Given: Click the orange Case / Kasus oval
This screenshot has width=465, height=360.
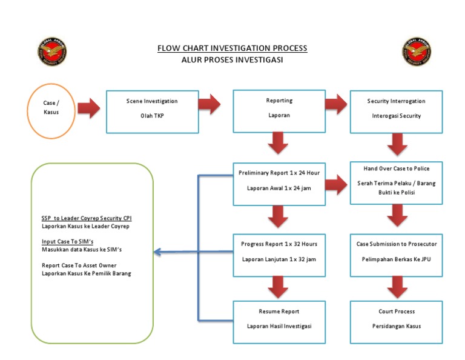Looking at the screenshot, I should (x=51, y=107).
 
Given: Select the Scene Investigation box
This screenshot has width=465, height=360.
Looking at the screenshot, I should (x=153, y=112).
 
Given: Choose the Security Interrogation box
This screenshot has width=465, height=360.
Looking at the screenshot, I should (x=396, y=112).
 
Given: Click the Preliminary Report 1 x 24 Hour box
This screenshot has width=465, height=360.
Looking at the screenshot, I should (x=279, y=182).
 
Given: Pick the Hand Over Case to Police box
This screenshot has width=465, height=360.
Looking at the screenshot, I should (x=396, y=182).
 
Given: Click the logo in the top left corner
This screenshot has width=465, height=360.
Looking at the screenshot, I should (x=52, y=52).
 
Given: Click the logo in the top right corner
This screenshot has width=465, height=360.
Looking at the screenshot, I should (x=417, y=52).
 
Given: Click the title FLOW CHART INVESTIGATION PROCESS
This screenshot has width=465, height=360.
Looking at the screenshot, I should (x=232, y=48).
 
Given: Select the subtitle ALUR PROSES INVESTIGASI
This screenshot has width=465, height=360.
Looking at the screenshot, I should (x=232, y=59).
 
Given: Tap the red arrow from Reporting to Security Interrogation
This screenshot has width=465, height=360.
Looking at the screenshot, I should (x=337, y=104).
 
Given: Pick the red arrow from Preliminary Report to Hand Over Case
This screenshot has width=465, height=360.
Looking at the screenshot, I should (x=337, y=182).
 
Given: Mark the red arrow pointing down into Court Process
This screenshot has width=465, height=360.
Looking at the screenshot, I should (x=396, y=287).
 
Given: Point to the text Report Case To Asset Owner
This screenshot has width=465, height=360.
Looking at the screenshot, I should (x=79, y=265).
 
